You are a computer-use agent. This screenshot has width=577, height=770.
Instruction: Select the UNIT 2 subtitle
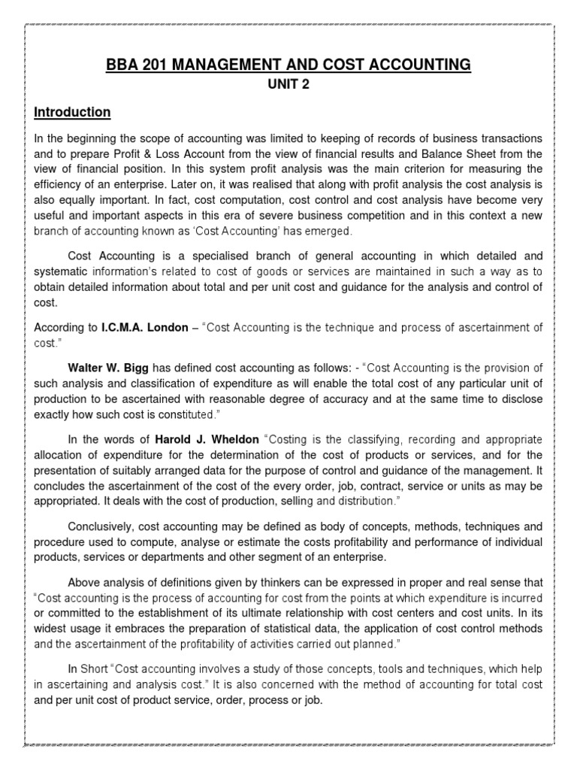point(288,85)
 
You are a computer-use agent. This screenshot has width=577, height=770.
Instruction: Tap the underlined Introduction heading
point(73,112)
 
